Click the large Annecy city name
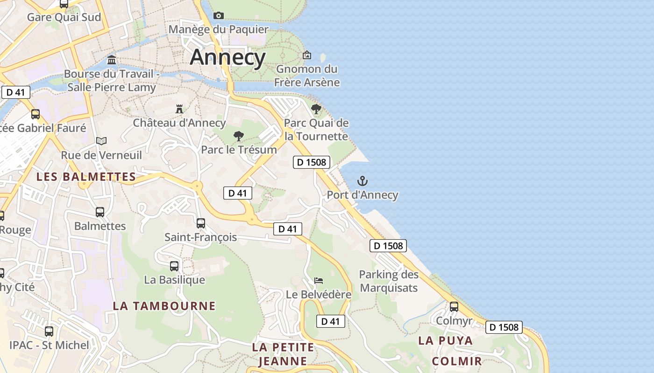(x=227, y=57)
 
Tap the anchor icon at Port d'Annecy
(x=363, y=181)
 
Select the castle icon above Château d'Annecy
(x=179, y=109)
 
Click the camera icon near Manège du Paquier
(x=218, y=15)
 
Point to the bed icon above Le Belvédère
(x=319, y=280)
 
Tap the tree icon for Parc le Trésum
(x=239, y=136)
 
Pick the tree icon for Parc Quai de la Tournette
(x=316, y=109)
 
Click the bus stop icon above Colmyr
(x=454, y=307)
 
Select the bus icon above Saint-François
(x=201, y=223)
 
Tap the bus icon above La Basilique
(x=174, y=266)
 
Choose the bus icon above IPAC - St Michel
(x=49, y=332)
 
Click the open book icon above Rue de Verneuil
(x=101, y=141)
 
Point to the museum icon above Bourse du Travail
(x=112, y=60)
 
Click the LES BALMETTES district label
(x=86, y=177)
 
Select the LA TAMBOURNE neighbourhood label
(x=164, y=306)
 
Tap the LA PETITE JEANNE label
(x=283, y=354)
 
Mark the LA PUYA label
(x=445, y=340)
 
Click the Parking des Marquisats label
(x=389, y=281)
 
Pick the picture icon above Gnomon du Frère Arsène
(x=307, y=55)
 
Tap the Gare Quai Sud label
(x=64, y=17)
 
